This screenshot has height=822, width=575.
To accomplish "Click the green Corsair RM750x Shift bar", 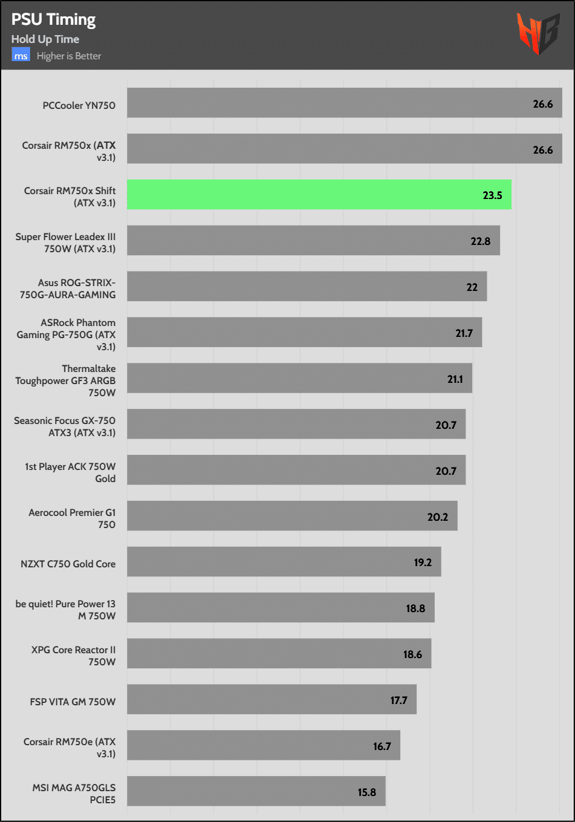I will point(319,195).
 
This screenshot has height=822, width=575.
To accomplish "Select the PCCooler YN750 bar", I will point(344,103).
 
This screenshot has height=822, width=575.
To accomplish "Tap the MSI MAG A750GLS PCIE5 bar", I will point(256,791).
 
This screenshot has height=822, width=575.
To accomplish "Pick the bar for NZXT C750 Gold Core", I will point(284,562).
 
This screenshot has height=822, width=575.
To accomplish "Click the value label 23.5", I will point(492,195).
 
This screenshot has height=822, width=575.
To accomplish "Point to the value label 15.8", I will point(366,792).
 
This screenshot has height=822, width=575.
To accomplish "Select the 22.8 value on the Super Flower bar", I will point(480,241).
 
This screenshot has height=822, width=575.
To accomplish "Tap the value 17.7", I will point(398,700).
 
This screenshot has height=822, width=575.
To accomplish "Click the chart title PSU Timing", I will point(53,19).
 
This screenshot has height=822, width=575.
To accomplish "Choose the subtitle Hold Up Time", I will point(45,39).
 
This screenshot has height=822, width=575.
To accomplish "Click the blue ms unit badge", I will point(21,56).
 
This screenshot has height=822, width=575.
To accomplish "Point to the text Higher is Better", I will point(69,56).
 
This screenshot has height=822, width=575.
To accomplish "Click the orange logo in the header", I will point(537,34).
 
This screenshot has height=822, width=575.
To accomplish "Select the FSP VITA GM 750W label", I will point(73,702).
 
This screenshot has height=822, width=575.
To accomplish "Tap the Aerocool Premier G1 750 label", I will point(72,518).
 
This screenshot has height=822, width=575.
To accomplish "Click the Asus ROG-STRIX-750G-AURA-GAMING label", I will point(68,289).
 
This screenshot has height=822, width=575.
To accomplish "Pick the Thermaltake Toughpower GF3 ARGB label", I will point(66,380).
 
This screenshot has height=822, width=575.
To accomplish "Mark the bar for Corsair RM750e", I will point(263,745).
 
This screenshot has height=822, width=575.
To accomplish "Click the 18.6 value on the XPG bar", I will point(412,654).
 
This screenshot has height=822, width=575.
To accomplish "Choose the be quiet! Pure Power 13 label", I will point(65,610).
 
